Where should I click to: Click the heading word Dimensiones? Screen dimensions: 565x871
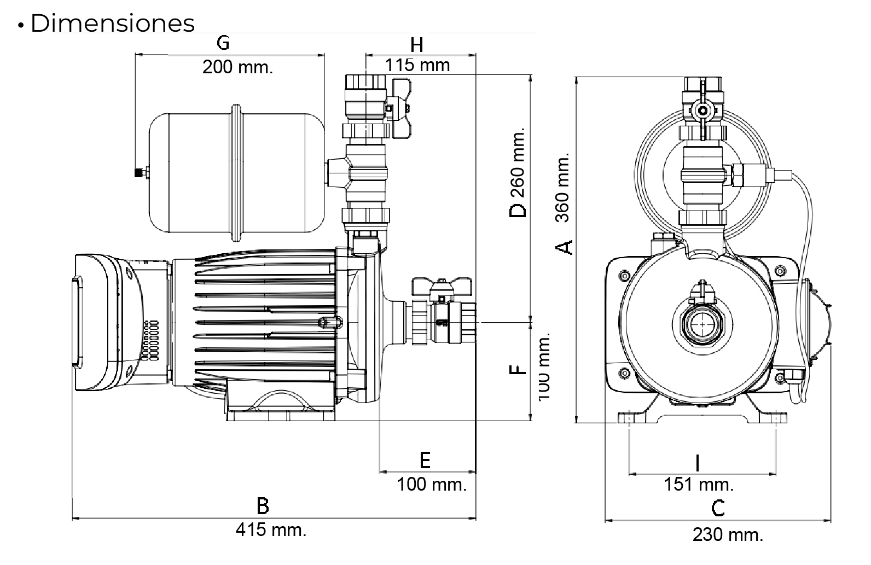point(112,24)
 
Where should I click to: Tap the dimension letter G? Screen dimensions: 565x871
point(223,43)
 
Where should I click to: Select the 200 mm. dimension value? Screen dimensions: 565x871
point(237,67)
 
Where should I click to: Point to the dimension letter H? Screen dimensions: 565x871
point(417,45)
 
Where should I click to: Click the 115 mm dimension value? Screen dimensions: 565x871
point(417,66)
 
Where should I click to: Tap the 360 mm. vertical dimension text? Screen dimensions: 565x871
point(563,187)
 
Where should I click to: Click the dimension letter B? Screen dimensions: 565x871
point(263,506)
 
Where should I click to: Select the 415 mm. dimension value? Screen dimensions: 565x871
point(271,529)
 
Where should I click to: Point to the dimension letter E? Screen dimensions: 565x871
point(425,461)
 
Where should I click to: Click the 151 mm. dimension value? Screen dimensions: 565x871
point(699,484)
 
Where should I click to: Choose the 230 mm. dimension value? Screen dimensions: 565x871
point(728,534)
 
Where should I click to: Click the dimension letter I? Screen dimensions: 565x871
point(697,463)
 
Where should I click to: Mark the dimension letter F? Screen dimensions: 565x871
point(518,370)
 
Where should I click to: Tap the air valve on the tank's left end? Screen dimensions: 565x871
point(138,173)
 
